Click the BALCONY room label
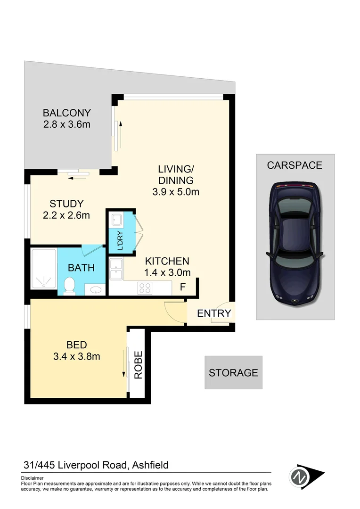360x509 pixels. click(66, 113)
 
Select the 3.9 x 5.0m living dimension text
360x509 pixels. click(176, 192)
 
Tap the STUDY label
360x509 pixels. click(66, 204)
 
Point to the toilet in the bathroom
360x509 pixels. click(69, 285)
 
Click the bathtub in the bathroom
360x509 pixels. click(43, 270)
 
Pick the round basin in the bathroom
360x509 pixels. click(95, 289)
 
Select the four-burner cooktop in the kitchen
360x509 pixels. click(145, 288)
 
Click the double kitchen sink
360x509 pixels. click(116, 270)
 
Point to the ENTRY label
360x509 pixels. click(214, 313)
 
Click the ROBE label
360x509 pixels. click(138, 365)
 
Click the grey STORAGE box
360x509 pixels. click(233, 372)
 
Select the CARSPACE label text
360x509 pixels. click(295, 165)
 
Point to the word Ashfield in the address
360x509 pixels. click(150, 466)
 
